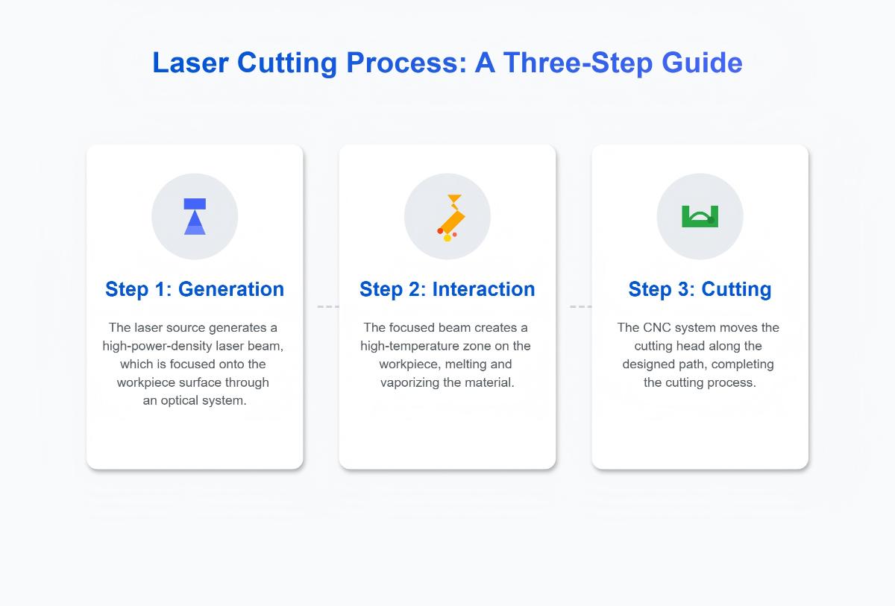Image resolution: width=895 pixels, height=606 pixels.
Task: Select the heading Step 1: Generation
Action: click(195, 289)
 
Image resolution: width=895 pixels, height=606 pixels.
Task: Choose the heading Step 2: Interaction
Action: click(447, 289)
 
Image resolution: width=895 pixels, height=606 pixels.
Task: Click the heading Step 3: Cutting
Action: click(700, 289)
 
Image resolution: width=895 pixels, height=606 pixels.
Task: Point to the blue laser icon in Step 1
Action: click(195, 217)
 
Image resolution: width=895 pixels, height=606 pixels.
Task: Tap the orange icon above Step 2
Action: click(450, 217)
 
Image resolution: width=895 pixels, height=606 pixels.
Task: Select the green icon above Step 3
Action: click(700, 216)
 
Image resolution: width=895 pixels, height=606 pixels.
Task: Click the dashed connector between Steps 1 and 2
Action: click(327, 306)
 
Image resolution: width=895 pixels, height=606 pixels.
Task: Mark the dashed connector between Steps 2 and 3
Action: click(580, 306)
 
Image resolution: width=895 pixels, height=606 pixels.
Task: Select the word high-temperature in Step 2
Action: click(415, 347)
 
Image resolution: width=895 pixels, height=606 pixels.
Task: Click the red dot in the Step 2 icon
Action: click(440, 231)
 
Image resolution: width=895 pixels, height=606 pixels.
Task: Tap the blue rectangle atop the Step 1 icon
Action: click(195, 203)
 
